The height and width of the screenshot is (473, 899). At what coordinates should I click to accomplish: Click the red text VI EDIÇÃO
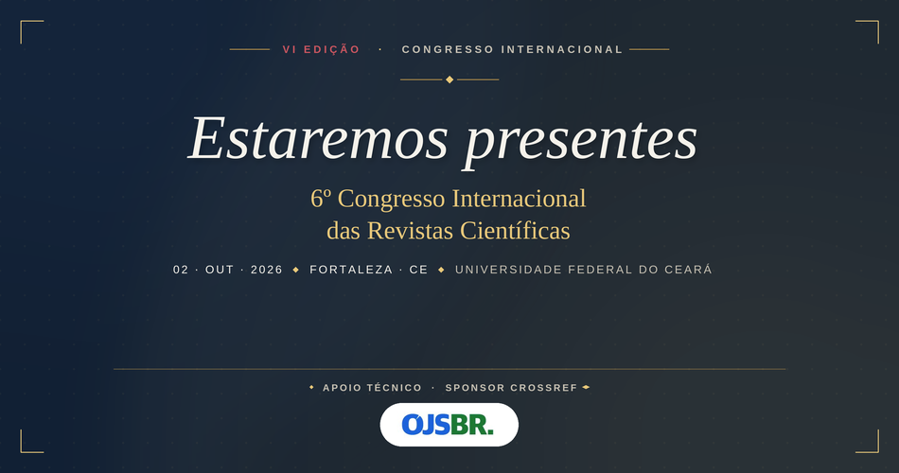321,49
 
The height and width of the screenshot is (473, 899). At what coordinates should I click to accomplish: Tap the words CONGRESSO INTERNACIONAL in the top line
512,49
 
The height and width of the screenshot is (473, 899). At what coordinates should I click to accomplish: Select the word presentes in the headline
581,140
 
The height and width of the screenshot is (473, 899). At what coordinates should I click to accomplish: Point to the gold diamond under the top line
449,79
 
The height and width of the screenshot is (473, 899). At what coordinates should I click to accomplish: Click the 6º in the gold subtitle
321,199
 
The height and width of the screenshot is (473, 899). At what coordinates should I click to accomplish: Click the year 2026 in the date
267,270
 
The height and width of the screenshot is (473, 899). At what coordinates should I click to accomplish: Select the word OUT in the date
220,270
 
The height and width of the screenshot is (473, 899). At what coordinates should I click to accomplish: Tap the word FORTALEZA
351,270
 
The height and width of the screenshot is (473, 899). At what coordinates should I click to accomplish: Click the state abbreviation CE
419,270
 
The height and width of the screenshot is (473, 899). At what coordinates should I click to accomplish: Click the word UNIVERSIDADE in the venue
509,270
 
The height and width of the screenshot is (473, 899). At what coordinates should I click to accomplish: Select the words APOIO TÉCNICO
372,388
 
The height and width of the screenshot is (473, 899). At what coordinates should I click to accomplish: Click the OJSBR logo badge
449,425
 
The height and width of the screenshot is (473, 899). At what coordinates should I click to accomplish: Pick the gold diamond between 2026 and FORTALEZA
296,270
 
